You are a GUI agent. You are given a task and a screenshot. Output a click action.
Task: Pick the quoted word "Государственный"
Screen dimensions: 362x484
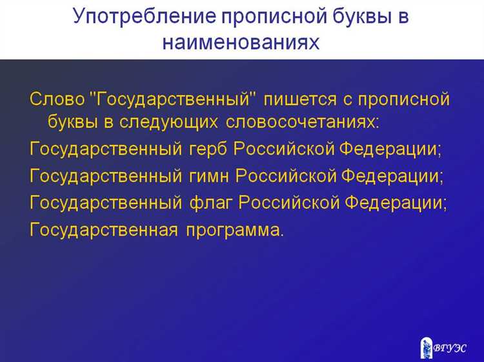pos(173,100)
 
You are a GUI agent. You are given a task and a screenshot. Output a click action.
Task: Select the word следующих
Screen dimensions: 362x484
pos(174,121)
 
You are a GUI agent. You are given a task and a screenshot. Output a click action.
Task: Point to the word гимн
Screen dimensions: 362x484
pos(209,175)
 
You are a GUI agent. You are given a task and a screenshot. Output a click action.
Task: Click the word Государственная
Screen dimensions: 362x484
pos(104,230)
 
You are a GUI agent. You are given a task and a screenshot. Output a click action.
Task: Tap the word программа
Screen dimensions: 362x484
pos(234,230)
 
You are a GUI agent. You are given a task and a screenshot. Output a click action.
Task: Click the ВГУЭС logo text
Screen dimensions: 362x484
pos(450,347)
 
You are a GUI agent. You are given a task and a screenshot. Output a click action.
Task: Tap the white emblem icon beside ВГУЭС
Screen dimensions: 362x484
pos(425,345)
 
